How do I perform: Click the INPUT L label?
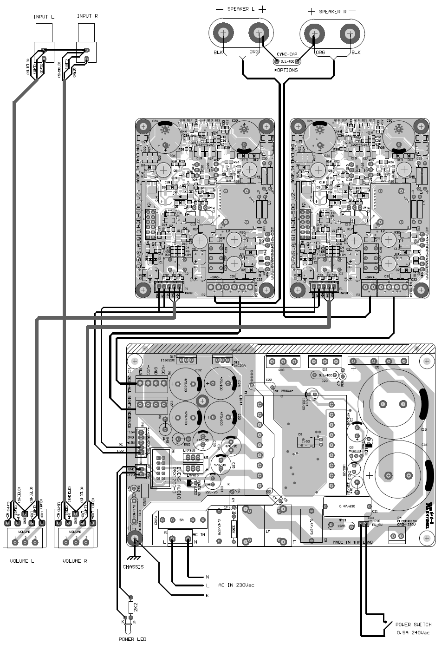44,17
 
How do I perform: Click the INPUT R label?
87,16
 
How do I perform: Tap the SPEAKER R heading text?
332,10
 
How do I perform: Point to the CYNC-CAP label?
286,54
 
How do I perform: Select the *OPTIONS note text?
286,70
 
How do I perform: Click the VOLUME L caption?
22,561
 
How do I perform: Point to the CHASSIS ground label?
133,567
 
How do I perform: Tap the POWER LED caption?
132,639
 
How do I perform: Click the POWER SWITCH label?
413,625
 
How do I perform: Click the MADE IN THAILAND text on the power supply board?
352,542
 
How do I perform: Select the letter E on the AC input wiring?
207,596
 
